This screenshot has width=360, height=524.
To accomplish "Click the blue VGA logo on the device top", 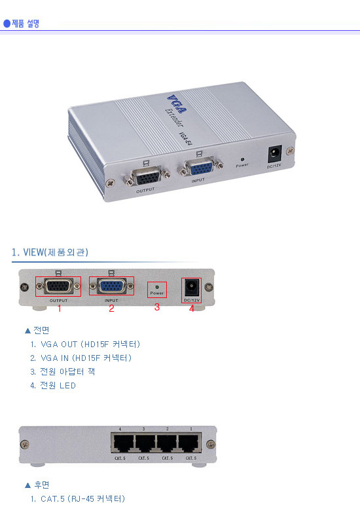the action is click(x=177, y=104).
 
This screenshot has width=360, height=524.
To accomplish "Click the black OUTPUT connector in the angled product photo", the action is click(x=148, y=176).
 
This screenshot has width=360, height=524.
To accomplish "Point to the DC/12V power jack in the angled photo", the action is click(x=275, y=153).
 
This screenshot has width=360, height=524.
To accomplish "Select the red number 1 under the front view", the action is click(x=59, y=308).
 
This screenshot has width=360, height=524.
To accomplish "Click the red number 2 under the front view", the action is click(x=111, y=308).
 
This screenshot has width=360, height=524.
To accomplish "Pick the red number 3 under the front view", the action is click(x=157, y=307).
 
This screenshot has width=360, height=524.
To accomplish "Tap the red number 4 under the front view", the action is click(x=192, y=308).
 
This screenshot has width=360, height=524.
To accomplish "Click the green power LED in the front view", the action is click(x=157, y=287).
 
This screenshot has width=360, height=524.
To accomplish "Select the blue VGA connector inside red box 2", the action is click(x=111, y=286).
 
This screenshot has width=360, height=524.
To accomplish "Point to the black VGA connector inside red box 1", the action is click(x=58, y=286).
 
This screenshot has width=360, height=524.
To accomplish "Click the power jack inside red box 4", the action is click(x=191, y=288).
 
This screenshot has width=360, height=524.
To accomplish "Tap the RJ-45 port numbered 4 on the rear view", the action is click(x=122, y=443).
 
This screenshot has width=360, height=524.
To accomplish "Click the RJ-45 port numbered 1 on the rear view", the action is click(x=190, y=443).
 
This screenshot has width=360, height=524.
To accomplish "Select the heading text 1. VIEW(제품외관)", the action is click(x=50, y=252).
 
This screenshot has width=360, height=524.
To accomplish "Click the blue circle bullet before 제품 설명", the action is click(x=7, y=24).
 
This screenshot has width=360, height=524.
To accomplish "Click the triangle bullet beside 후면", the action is click(x=27, y=485).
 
